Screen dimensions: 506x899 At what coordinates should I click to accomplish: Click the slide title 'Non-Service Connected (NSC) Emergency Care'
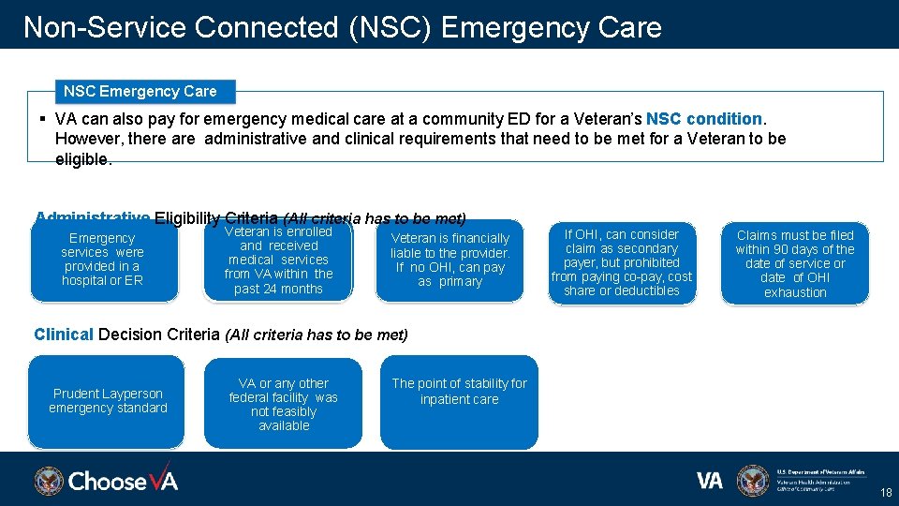[342, 27]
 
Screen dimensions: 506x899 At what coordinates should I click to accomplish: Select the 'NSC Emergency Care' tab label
[140, 91]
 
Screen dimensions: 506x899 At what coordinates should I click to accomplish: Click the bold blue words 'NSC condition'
[704, 119]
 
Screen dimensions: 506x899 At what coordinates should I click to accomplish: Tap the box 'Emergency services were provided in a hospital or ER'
[103, 260]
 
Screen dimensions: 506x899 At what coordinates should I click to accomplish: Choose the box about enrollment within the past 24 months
[278, 260]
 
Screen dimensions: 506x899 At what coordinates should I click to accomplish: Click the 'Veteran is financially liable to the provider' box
[449, 260]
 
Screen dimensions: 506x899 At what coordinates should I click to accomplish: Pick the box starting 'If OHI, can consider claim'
[621, 261]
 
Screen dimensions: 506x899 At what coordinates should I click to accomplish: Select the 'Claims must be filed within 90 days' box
[794, 263]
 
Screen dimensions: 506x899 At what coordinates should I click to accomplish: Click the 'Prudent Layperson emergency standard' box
[107, 401]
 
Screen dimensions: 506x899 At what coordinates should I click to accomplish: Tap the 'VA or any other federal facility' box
[283, 404]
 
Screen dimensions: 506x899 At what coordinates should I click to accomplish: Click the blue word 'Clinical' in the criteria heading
[64, 335]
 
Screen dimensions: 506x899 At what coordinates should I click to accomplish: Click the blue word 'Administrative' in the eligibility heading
[92, 217]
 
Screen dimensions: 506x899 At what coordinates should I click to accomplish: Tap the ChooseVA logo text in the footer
[123, 482]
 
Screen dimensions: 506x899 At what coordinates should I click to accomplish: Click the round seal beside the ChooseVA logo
[49, 482]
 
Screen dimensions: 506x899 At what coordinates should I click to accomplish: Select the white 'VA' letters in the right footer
[710, 481]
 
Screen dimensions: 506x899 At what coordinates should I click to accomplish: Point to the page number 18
[885, 493]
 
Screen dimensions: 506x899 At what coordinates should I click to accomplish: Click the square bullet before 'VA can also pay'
[43, 119]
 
